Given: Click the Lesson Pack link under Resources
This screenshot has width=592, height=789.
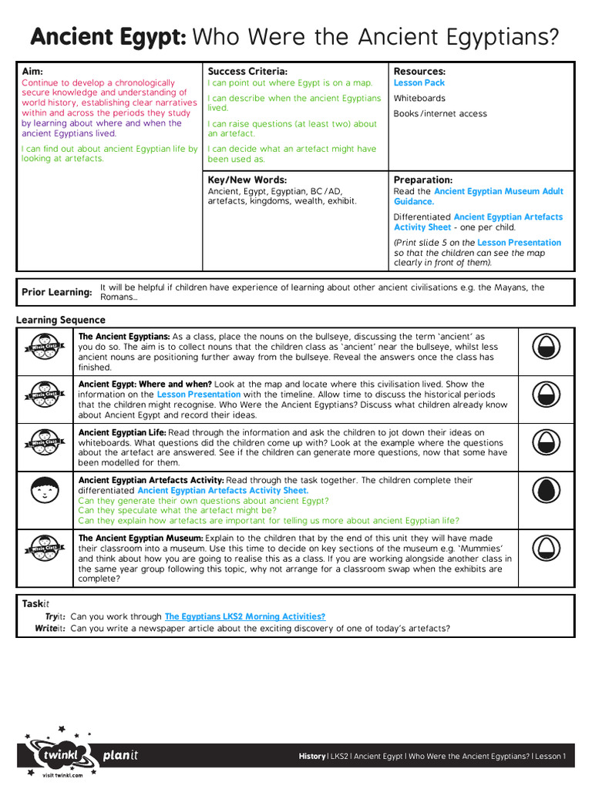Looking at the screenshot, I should (x=419, y=82).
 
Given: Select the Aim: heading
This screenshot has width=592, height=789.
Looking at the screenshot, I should (x=32, y=71).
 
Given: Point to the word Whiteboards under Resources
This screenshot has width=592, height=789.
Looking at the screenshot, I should (x=419, y=99).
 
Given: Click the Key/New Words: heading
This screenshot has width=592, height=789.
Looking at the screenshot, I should (x=247, y=180).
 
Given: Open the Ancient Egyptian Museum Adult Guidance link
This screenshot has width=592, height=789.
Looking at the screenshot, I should (x=498, y=191).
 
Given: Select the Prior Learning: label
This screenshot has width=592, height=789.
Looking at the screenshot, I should (x=56, y=293).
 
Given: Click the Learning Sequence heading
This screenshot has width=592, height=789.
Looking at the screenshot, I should (x=61, y=320).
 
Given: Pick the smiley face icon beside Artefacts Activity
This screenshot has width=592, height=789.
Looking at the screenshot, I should (x=45, y=489).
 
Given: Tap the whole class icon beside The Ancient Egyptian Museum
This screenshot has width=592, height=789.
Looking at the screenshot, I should (x=45, y=548).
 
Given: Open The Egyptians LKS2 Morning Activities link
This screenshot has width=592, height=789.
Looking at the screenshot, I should (x=244, y=616).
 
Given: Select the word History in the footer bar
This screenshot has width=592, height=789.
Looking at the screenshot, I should (x=312, y=757).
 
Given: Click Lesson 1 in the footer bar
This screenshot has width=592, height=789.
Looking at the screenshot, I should (x=550, y=757).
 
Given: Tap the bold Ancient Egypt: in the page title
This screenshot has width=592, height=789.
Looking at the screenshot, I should (x=108, y=36).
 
